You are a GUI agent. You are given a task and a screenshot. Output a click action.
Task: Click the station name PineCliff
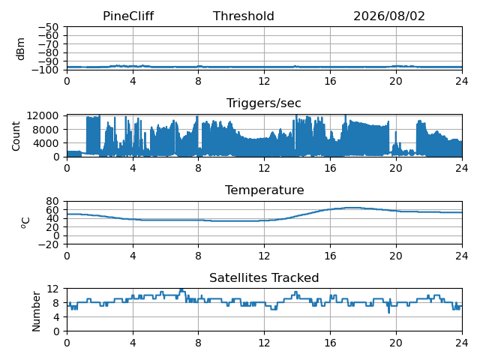click(x=128, y=16)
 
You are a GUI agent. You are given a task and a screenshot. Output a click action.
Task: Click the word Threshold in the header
click(x=243, y=16)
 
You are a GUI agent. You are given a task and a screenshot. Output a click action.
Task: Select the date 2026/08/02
click(x=389, y=16)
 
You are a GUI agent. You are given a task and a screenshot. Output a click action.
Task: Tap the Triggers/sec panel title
click(x=263, y=103)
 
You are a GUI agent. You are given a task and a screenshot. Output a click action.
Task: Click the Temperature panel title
click(x=265, y=190)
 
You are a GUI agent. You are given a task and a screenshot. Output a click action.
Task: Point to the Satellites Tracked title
click(x=264, y=277)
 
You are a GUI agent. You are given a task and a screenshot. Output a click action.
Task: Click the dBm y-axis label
click(x=20, y=49)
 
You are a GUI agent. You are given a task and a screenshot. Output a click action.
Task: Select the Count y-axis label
click(x=16, y=136)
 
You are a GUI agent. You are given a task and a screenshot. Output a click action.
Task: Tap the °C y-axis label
click(x=25, y=223)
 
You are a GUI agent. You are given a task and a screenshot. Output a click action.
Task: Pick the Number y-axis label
click(x=36, y=311)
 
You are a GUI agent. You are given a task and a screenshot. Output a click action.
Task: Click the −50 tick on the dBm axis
click(x=48, y=27)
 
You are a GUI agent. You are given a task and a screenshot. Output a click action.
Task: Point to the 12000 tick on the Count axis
click(x=43, y=115)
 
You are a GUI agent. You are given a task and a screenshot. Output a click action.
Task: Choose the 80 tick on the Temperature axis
click(x=52, y=201)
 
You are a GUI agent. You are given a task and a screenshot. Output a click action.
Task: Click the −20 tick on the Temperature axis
click(x=48, y=244)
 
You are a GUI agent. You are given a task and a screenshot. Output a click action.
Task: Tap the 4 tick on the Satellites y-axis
click(x=55, y=316)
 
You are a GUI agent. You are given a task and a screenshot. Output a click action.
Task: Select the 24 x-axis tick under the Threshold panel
click(x=462, y=81)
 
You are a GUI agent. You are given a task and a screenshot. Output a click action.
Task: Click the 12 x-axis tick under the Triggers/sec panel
click(x=264, y=168)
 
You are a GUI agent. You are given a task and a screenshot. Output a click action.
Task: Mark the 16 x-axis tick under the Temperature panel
click(x=330, y=255)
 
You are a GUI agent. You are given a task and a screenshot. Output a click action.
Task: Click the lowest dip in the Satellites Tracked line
click(x=389, y=313)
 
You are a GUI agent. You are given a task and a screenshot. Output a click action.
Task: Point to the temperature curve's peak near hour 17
click(x=352, y=208)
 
